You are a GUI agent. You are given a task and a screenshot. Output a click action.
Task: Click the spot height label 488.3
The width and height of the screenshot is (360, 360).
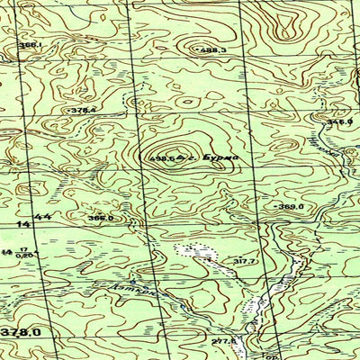tap(213, 50)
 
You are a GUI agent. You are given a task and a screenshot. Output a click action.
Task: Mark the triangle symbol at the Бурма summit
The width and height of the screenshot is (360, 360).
tap(180, 159)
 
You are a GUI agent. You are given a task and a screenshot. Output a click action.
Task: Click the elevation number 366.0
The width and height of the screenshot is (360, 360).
tap(101, 218)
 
